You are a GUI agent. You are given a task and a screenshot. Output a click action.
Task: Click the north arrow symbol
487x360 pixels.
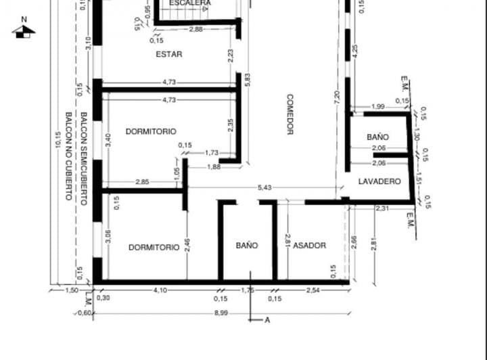pyautogui.click(x=24, y=30)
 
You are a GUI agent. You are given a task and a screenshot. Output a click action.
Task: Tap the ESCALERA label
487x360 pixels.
pyautogui.click(x=190, y=3)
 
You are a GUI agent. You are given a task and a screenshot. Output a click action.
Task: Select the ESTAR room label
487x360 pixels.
pyautogui.click(x=168, y=53)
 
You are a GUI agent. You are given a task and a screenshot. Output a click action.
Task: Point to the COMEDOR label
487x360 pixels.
pyautogui.click(x=289, y=114)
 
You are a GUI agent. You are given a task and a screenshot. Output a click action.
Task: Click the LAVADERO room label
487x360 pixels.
pyautogui.click(x=379, y=181)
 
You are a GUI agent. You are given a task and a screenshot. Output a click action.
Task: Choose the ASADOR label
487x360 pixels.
pyautogui.click(x=310, y=246)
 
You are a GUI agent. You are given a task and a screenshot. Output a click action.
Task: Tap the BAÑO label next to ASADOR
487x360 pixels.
pyautogui.click(x=247, y=246)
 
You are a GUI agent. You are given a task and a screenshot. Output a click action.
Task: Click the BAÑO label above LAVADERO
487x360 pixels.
pyautogui.click(x=377, y=137)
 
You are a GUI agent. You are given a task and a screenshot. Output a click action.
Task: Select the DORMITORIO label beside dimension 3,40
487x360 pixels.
pyautogui.click(x=152, y=131)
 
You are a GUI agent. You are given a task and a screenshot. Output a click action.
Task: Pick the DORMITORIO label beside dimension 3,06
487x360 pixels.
pyautogui.click(x=154, y=247)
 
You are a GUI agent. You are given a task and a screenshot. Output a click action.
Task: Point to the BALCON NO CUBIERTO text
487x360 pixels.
pyautogui.click(x=68, y=156)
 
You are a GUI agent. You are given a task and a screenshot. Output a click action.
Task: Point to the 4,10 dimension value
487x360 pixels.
pyautogui.click(x=160, y=290)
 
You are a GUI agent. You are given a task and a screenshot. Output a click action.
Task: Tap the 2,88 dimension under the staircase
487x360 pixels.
pyautogui.click(x=195, y=29)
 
